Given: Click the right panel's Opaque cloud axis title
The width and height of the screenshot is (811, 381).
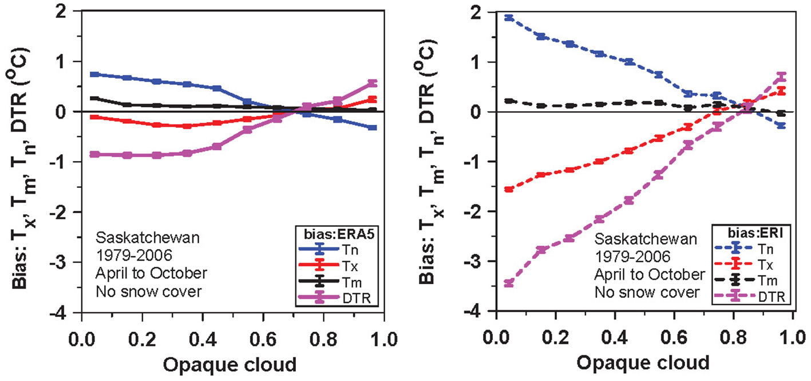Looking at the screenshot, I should (x=643, y=363).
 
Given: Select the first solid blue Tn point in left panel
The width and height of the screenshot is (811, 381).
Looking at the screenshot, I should (x=94, y=74).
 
